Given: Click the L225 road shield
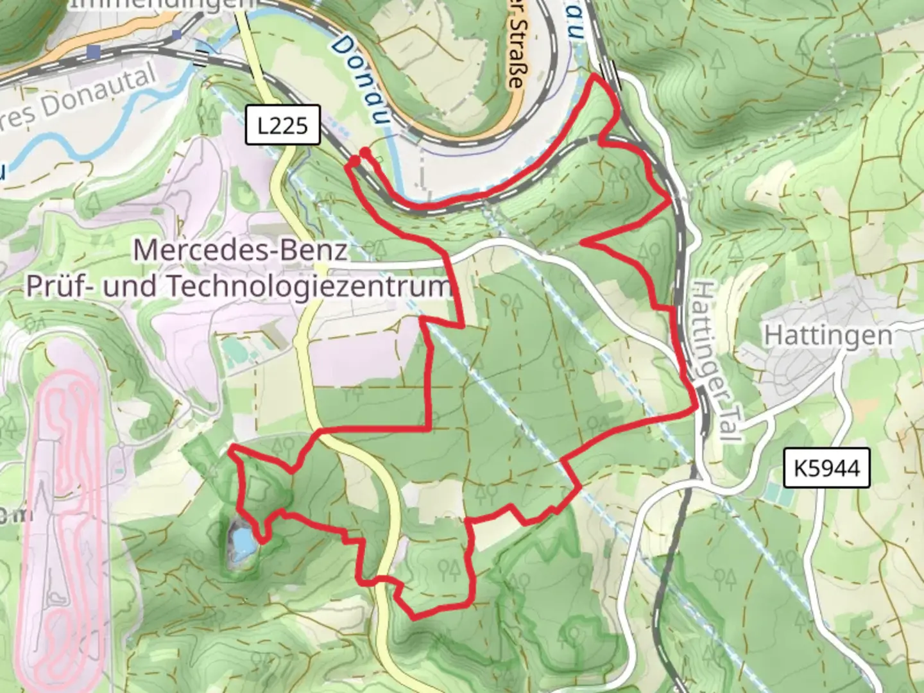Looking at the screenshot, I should [x=283, y=124].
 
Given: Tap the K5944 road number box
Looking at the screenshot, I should [x=826, y=468].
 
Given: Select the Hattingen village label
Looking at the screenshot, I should [x=828, y=335].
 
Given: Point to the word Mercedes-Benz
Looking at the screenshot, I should [x=241, y=250].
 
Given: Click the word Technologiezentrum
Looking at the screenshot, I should [x=308, y=287].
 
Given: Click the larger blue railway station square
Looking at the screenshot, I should [x=94, y=52].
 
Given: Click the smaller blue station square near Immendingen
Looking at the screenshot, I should [x=176, y=35].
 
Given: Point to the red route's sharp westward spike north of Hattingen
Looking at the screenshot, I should [x=583, y=242].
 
